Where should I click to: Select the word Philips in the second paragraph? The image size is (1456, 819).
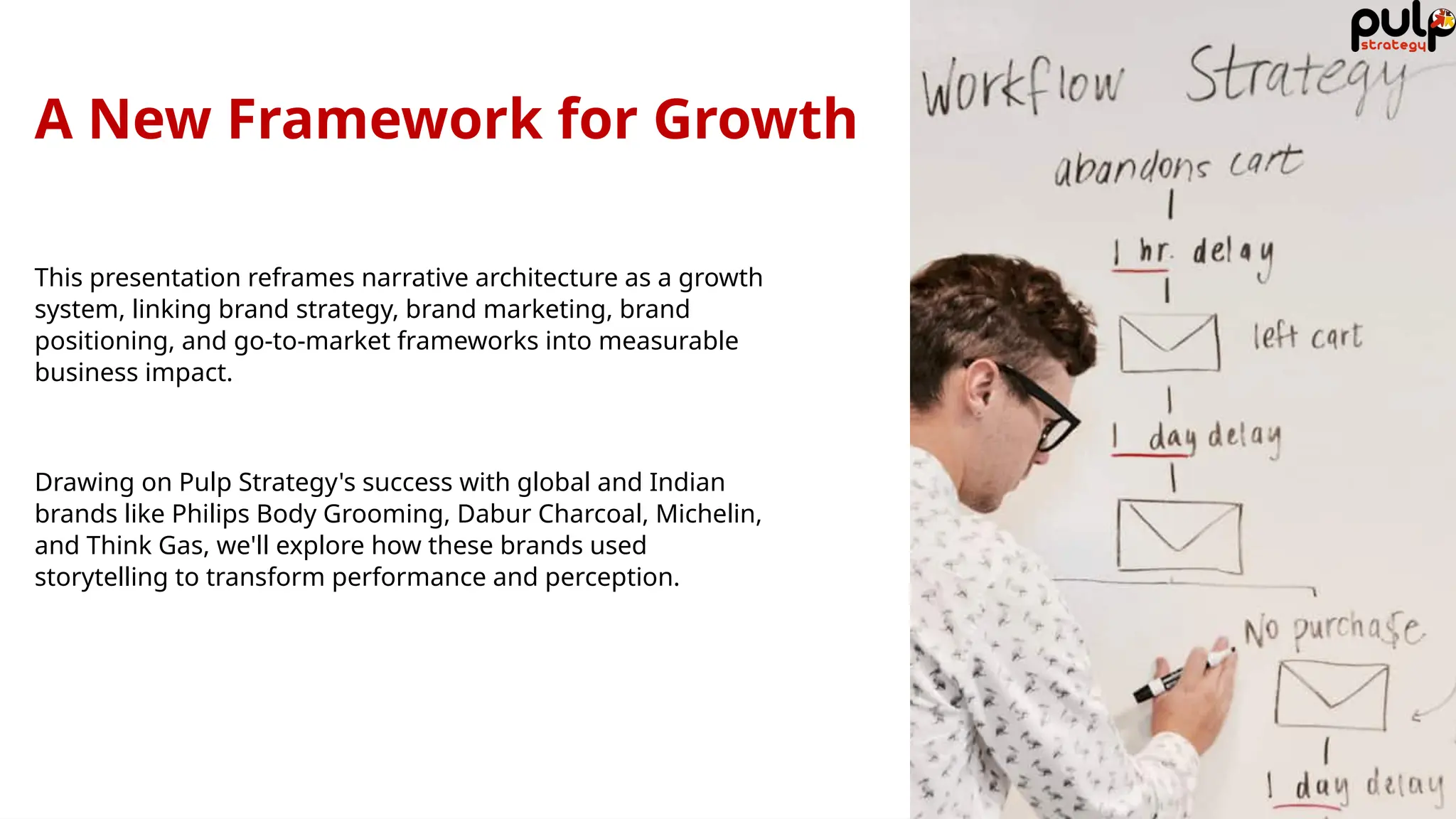210,513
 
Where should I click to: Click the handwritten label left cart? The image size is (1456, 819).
1307,336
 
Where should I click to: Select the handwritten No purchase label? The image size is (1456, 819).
1333,629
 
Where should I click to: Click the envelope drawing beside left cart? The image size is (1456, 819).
1169,343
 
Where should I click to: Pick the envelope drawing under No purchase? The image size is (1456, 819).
1331,695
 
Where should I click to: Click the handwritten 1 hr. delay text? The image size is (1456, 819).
1194,253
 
